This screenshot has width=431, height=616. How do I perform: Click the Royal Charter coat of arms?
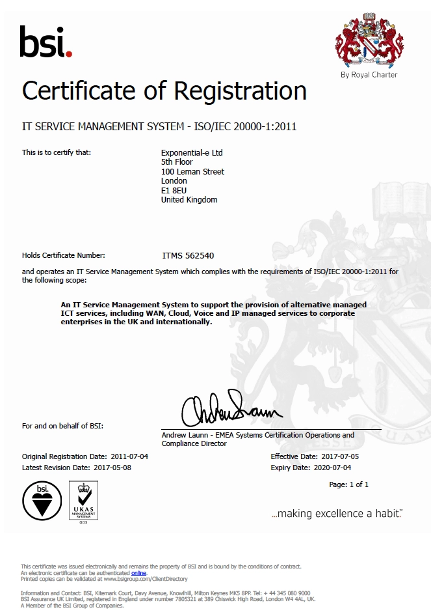(369, 40)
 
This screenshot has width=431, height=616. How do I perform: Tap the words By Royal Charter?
(369, 75)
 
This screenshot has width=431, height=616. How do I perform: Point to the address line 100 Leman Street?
(192, 172)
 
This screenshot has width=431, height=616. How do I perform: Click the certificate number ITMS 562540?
(188, 256)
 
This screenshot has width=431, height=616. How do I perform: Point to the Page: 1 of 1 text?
(348, 484)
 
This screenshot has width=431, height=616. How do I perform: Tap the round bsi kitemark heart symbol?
(42, 501)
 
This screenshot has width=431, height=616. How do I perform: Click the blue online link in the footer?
(138, 572)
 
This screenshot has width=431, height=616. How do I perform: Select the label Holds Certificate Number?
(64, 256)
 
